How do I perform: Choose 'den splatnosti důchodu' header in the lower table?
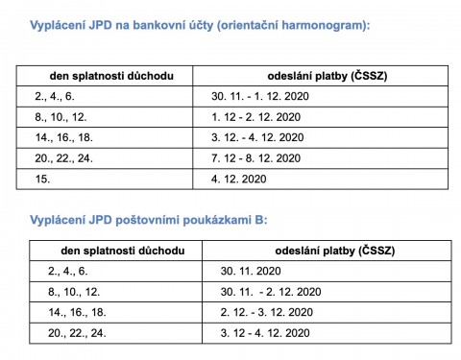coord(105,252)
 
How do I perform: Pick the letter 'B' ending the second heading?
coord(260,220)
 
